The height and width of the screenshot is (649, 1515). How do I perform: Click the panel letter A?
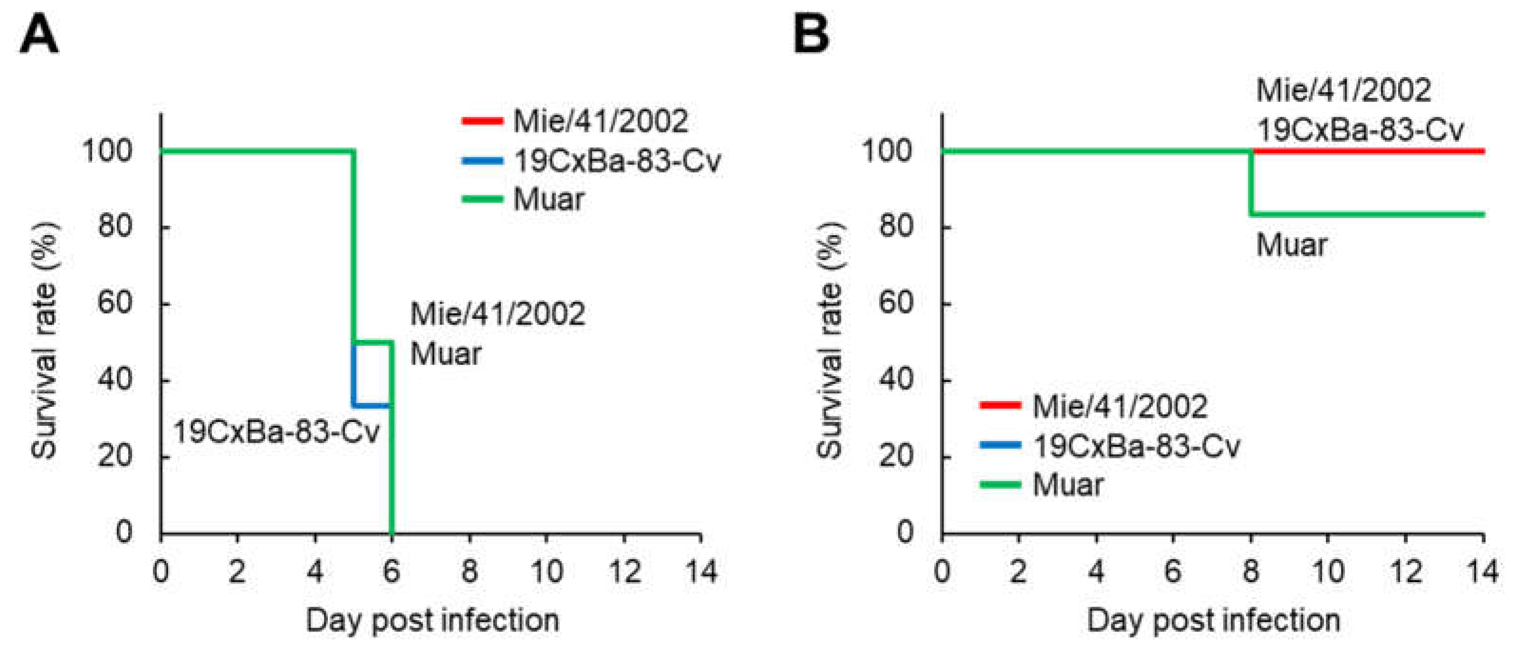(39, 34)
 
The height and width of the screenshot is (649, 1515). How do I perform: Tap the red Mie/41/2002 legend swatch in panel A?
(482, 121)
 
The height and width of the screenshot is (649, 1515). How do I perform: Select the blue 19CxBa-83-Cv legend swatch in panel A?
(482, 161)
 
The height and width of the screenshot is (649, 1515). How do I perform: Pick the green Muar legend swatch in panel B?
(1000, 485)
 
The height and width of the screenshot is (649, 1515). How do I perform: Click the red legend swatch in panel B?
(1000, 405)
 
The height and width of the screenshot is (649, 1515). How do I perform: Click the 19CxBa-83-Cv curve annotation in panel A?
(276, 432)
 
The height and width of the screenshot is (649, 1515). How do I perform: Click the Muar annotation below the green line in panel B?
(1291, 245)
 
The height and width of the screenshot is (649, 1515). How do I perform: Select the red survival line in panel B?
(1370, 151)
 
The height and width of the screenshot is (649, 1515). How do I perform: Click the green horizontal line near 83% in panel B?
(1370, 214)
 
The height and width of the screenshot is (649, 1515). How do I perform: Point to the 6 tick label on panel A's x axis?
(392, 572)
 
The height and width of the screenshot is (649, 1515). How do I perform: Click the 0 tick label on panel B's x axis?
(942, 572)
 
